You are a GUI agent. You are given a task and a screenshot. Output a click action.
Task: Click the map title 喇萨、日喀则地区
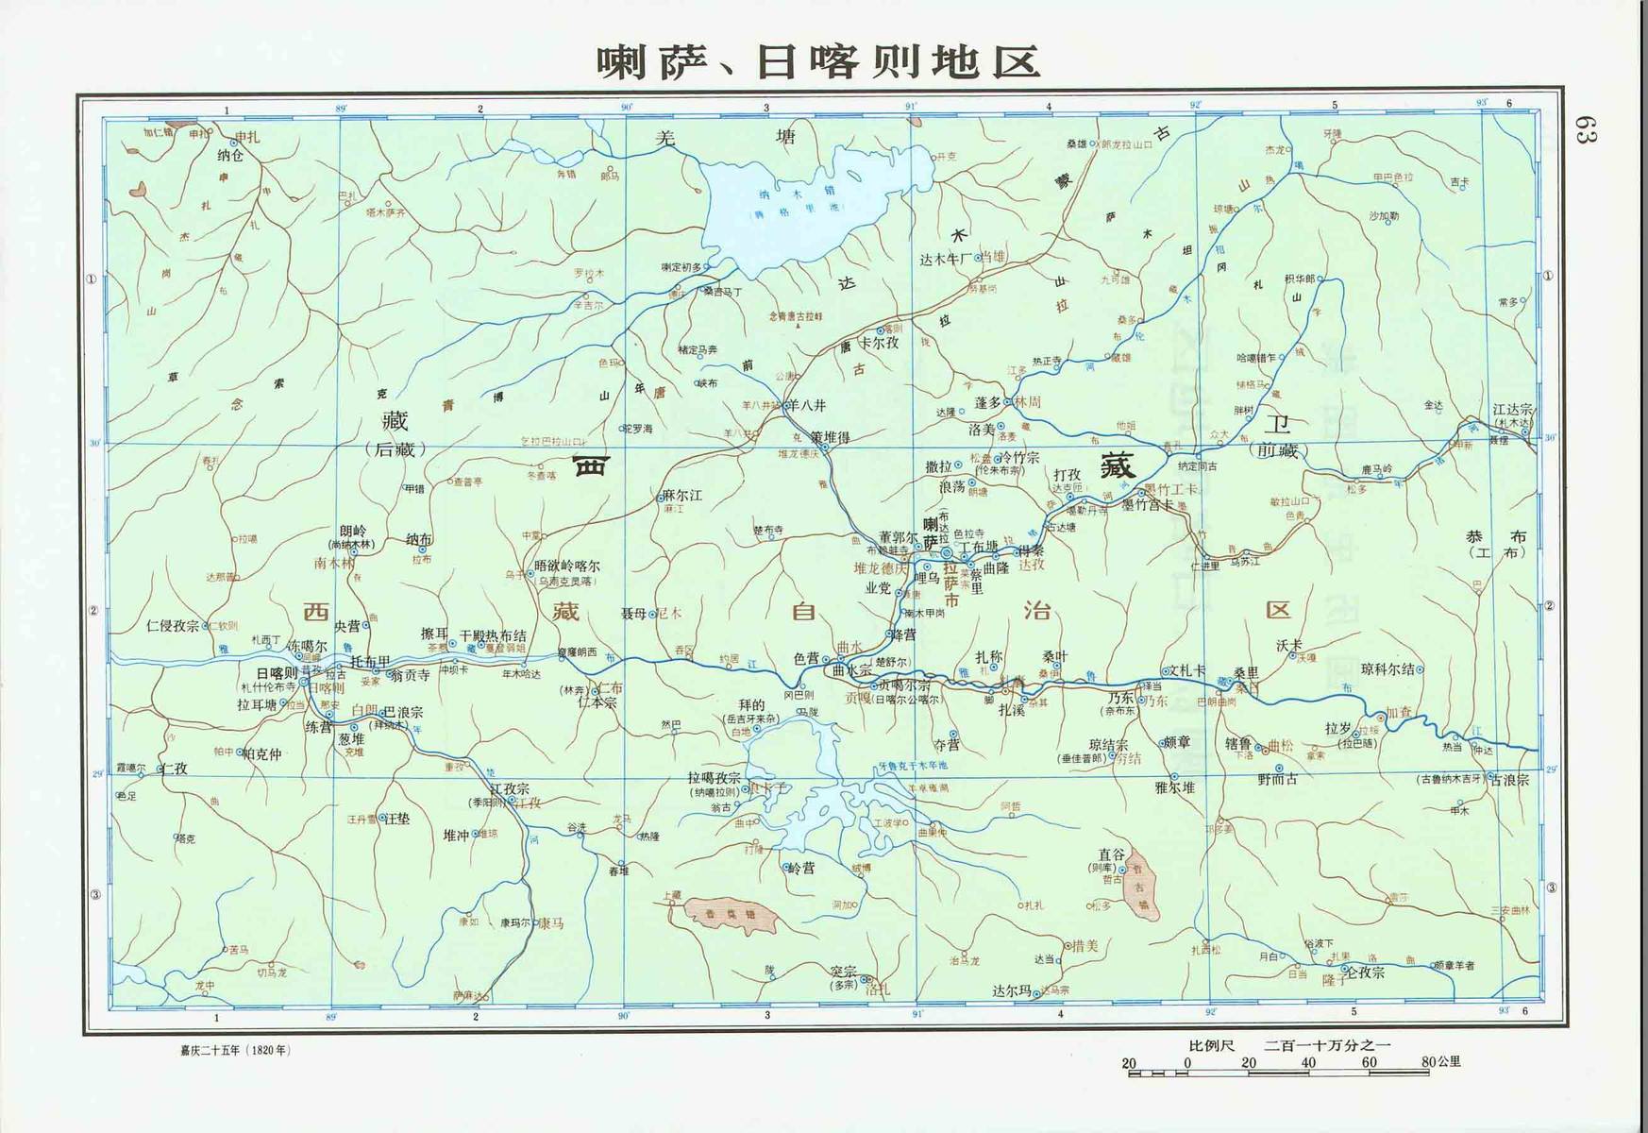pos(818,61)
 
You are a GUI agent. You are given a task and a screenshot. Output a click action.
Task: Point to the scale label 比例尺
pos(1211,1045)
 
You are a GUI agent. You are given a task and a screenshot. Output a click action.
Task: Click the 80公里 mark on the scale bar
pos(1441,1062)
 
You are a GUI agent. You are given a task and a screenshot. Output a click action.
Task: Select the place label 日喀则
pos(277,673)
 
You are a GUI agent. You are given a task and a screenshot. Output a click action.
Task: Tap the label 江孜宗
pos(511,789)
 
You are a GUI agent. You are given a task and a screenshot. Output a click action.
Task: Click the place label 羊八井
pos(807,405)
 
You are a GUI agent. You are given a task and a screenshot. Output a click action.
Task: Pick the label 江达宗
pos(1513,411)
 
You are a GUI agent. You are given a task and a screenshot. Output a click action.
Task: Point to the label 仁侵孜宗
pos(173,625)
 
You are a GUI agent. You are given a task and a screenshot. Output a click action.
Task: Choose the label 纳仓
pos(230,156)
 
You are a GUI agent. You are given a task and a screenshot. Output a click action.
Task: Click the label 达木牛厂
pos(945,258)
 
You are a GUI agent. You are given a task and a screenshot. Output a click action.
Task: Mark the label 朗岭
pos(353,532)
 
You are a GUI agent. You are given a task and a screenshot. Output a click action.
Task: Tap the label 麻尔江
pos(682,496)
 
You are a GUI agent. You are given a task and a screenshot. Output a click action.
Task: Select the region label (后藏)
pos(395,449)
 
